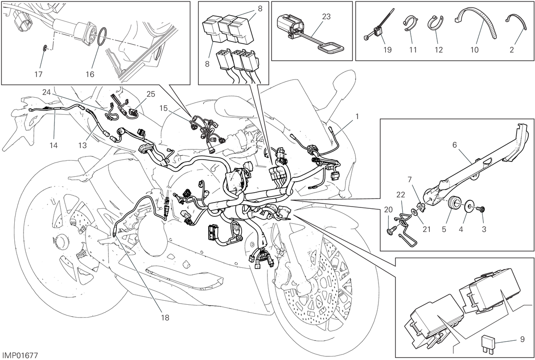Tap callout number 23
point(326,17)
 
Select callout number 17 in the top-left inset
point(38,74)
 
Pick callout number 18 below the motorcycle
point(165,318)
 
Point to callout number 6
point(454,145)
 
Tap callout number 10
point(474,50)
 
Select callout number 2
point(512,50)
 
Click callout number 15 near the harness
point(164,108)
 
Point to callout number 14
point(54,145)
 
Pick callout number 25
point(151,94)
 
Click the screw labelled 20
point(390,231)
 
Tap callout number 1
point(357,116)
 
